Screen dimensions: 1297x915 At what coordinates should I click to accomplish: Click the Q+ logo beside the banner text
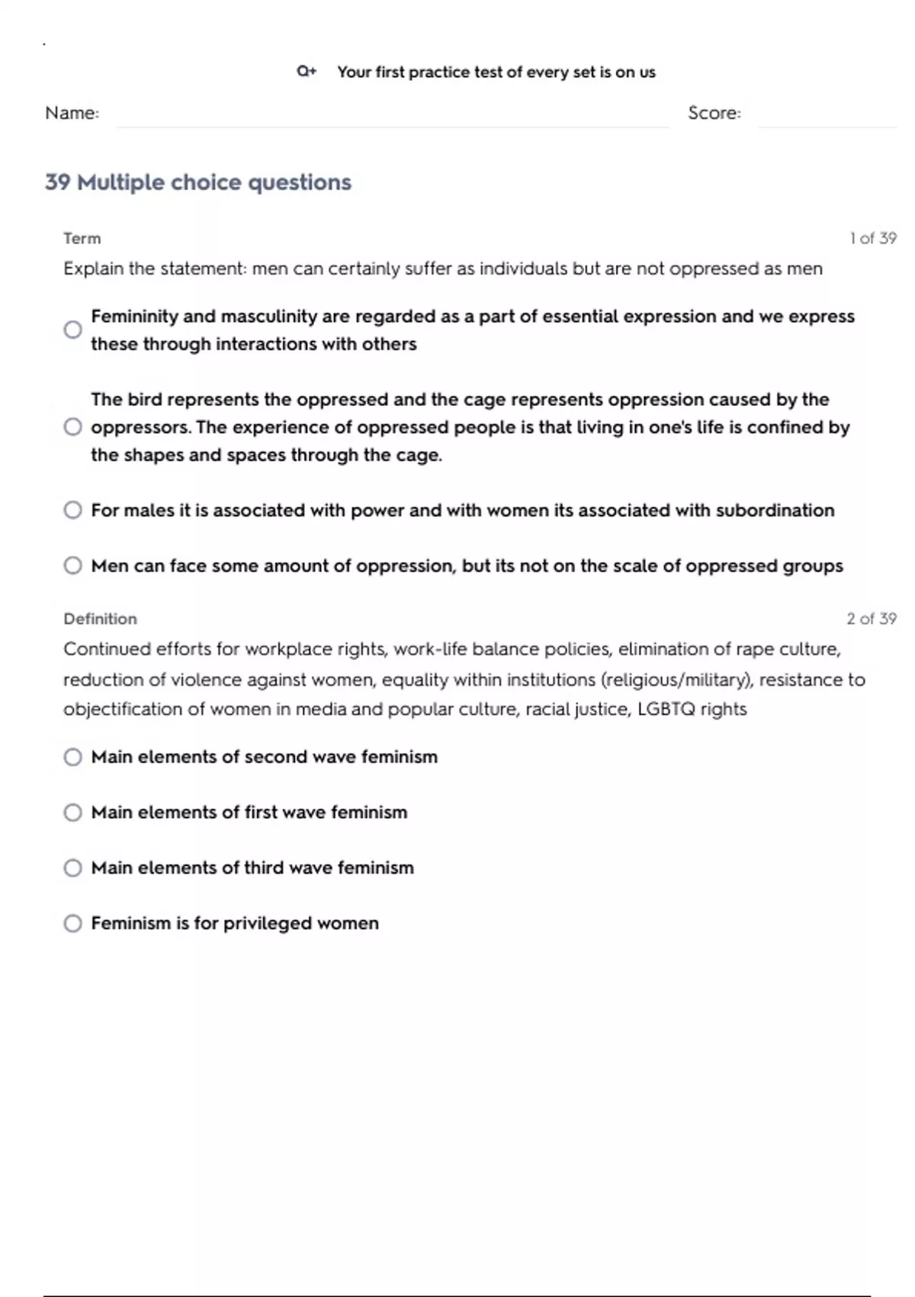point(307,72)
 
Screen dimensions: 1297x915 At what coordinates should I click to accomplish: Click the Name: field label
point(72,113)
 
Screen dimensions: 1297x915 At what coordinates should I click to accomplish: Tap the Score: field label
point(714,113)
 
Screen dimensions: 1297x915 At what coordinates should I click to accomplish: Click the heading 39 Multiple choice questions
point(198,182)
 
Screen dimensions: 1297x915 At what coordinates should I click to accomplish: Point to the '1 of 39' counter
point(873,239)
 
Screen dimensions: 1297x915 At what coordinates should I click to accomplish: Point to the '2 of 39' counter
point(872,619)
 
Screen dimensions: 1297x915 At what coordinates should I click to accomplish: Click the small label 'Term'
point(82,239)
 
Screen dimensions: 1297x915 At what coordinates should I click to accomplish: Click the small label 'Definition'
point(101,619)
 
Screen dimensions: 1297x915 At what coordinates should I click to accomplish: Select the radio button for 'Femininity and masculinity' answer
point(73,330)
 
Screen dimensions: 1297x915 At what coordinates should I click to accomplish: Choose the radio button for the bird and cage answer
point(73,427)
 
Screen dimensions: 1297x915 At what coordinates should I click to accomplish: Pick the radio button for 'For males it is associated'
point(73,510)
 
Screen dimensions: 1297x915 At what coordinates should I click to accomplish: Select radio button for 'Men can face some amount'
point(73,565)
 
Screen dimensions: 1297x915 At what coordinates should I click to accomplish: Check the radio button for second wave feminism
point(73,757)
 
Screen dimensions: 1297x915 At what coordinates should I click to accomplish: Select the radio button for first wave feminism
point(73,813)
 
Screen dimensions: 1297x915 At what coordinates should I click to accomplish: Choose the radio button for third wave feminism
point(73,868)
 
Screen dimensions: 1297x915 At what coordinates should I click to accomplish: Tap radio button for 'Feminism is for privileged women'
point(73,924)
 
